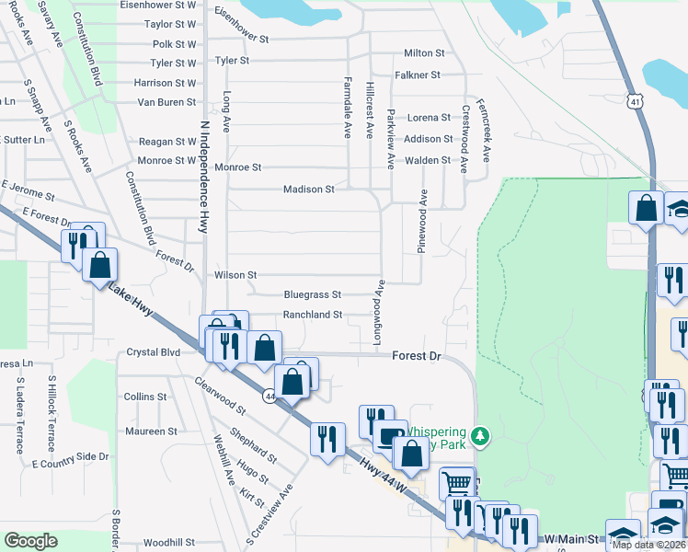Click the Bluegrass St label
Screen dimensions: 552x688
point(313,295)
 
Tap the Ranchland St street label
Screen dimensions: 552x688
point(313,315)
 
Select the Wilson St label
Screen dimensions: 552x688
point(235,275)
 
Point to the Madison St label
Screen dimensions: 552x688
point(308,190)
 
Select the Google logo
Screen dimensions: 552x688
point(30,541)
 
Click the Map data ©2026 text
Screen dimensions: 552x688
point(648,545)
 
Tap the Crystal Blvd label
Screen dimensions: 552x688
point(153,352)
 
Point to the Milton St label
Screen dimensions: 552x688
point(424,53)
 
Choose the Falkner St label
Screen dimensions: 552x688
point(419,75)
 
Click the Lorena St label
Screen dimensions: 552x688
point(430,118)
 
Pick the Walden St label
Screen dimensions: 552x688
point(429,160)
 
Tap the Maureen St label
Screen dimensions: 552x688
point(152,431)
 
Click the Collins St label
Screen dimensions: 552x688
point(145,397)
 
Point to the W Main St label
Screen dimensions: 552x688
point(572,537)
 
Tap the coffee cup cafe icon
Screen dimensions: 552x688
point(391,433)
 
